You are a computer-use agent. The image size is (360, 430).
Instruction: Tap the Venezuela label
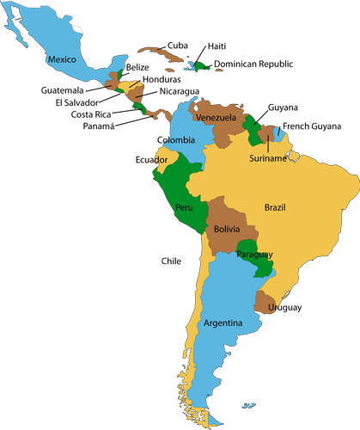point(215,117)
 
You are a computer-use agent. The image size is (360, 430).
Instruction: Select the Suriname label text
point(268,159)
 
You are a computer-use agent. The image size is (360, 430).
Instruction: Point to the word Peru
point(184,207)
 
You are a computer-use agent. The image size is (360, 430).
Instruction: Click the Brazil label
point(275,207)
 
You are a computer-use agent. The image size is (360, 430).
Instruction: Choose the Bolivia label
point(227,230)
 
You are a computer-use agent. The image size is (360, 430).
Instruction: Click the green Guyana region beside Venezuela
point(253,131)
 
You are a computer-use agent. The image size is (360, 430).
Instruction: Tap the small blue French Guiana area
point(279,134)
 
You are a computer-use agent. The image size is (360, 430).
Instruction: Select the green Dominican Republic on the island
point(203,65)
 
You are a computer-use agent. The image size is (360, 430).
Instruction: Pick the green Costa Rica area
point(138,109)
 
